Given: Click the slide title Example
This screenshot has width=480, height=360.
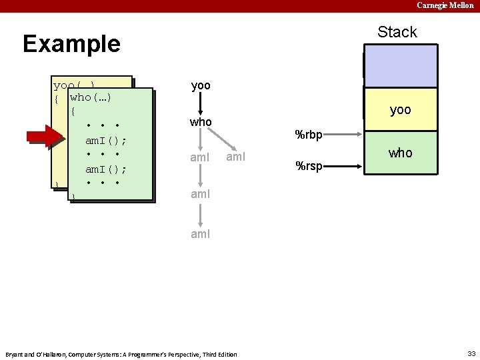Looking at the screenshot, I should [71, 44].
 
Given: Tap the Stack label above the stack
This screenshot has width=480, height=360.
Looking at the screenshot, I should [397, 32].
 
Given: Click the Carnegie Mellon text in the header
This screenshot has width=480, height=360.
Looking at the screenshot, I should [445, 5].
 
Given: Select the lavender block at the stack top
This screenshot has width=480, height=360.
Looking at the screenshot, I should [400, 66].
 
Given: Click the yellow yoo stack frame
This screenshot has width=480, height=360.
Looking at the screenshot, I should [400, 110].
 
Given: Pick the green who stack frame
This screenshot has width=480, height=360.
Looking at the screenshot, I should [400, 153].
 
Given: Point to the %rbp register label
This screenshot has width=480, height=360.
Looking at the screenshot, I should [309, 135].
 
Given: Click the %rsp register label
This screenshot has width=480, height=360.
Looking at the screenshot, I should [309, 165].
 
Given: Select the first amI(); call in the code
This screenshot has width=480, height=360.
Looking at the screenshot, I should [106, 141].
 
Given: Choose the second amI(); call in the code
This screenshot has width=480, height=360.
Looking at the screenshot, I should [106, 169].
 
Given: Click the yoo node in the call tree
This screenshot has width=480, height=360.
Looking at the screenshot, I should [201, 86].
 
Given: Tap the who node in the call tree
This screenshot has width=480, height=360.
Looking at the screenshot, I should [201, 122].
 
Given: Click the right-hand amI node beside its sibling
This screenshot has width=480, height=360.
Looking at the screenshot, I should [237, 157].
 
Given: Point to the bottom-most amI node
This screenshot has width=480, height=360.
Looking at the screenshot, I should [201, 234].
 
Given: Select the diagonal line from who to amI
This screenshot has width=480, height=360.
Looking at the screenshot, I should [223, 140].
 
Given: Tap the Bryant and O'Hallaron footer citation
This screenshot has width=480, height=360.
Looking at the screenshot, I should [121, 354].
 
